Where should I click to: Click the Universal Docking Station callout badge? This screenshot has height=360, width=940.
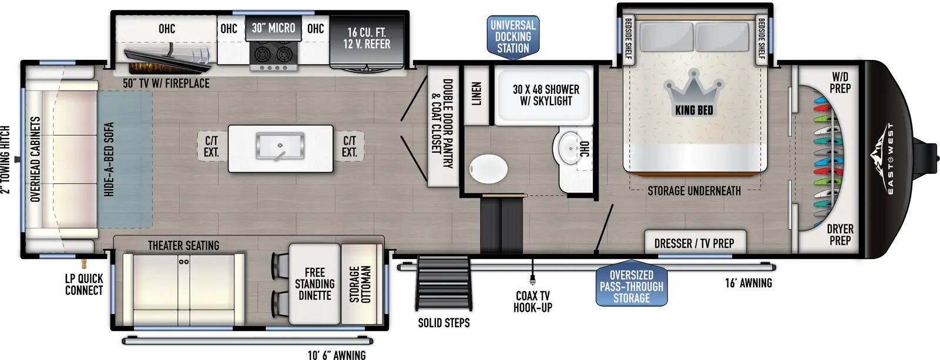[x=513, y=37]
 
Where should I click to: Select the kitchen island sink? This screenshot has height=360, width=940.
[x=280, y=146]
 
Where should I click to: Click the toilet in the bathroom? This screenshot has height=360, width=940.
[x=488, y=169]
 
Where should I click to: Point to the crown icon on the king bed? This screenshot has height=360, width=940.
[x=694, y=93]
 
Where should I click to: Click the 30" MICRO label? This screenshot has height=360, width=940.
[x=273, y=28]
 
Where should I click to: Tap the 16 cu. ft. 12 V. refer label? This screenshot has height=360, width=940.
[x=367, y=38]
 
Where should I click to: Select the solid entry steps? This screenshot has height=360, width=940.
[x=444, y=283]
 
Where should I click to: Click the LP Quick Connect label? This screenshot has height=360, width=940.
[x=84, y=284]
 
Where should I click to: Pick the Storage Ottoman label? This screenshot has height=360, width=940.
[x=360, y=284]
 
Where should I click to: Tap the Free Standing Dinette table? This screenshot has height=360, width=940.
[x=315, y=284]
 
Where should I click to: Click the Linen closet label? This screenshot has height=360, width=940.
[x=476, y=93]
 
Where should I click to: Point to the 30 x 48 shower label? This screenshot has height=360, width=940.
[x=546, y=95]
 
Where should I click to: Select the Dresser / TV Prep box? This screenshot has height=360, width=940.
[x=695, y=242]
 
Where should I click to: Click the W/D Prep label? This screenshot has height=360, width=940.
[x=841, y=83]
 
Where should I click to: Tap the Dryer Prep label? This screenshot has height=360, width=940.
[x=840, y=235]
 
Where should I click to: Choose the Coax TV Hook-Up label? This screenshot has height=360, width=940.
[x=532, y=302]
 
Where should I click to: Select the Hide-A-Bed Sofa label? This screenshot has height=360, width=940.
[x=109, y=159]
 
